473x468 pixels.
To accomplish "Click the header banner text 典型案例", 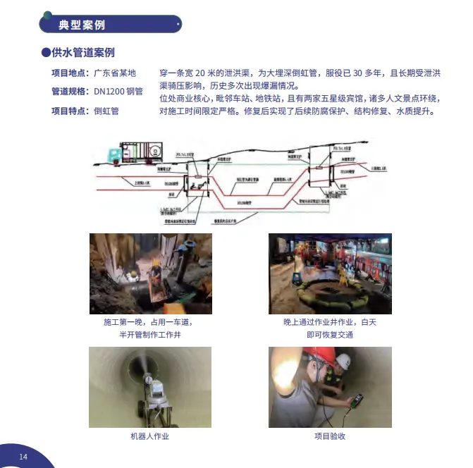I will (x=82, y=25).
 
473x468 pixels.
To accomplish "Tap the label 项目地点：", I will (x=70, y=73).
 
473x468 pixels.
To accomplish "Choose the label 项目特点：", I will (x=70, y=111).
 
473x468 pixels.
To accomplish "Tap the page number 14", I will (x=23, y=457).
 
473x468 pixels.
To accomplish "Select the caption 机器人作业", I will (x=149, y=436).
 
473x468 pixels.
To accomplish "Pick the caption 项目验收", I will (x=329, y=436).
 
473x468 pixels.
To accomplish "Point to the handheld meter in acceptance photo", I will (x=357, y=402).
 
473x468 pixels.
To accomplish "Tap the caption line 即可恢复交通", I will (x=329, y=335).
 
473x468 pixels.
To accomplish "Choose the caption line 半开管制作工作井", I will (x=149, y=335).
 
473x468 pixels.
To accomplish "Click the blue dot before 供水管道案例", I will (x=46, y=53).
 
